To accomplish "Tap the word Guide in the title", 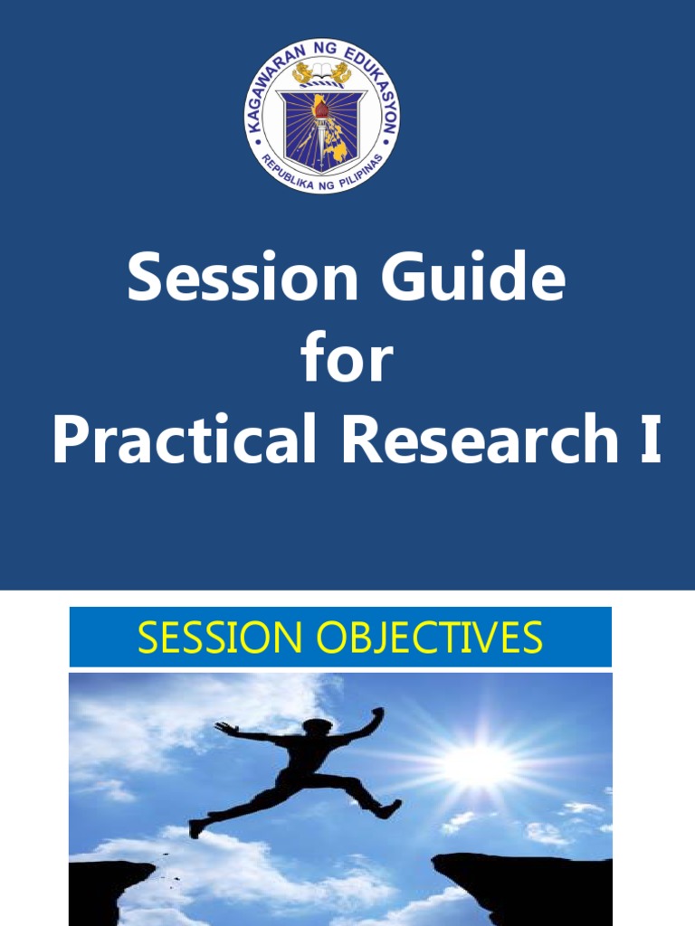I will pos(473,279).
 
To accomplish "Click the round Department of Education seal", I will pos(321,116).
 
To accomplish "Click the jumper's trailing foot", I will pos(196,827).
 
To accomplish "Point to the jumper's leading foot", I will pos(390,808).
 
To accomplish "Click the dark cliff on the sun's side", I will pos(525,882).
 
